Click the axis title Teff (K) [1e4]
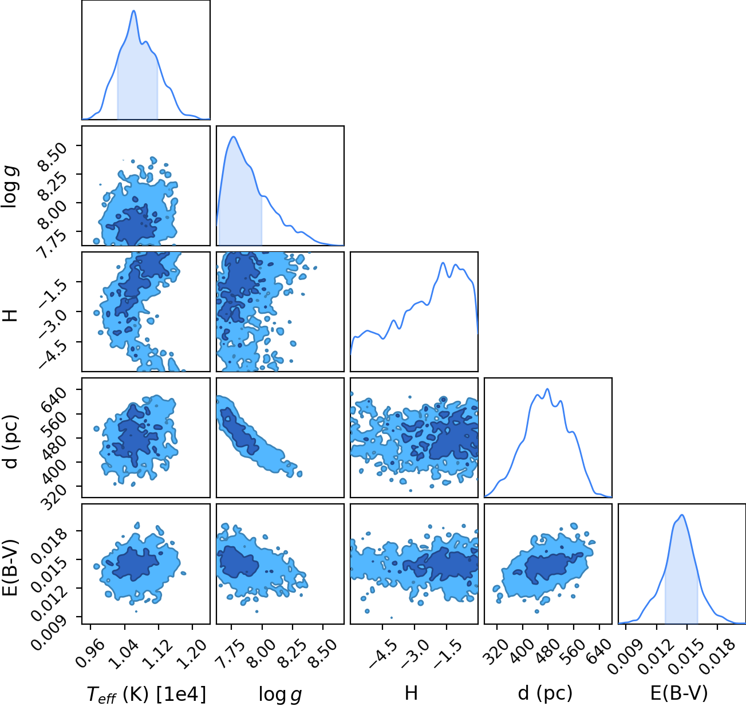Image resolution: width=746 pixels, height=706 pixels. coord(147,694)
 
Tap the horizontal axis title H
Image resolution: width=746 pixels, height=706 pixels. coord(411,693)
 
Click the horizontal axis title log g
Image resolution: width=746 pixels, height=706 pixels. coord(280,694)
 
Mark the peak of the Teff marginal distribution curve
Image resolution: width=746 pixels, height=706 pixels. coord(133,11)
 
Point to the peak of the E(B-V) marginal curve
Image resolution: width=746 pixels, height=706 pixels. coord(682,515)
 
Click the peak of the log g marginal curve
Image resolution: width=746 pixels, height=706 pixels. coord(234,137)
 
